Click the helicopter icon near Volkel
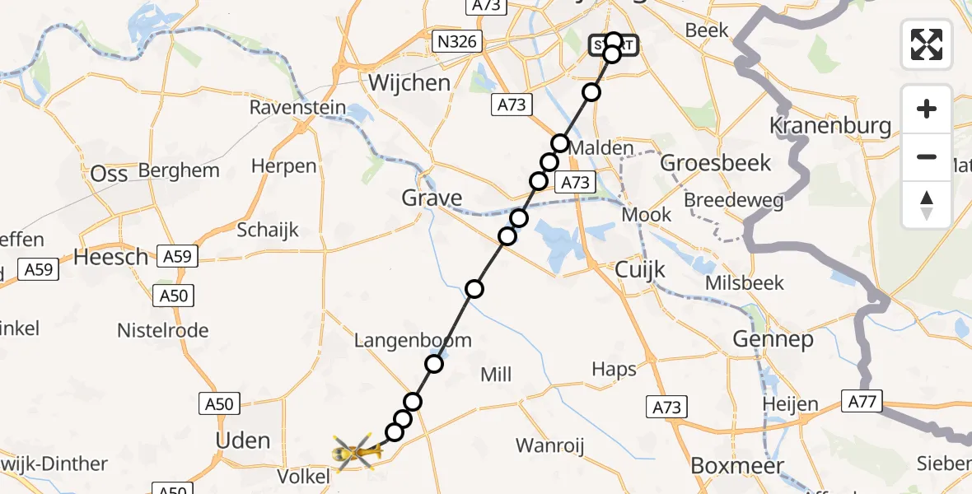click(357, 452)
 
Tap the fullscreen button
click(927, 44)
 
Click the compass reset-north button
click(927, 205)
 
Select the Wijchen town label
click(409, 83)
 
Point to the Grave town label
click(432, 198)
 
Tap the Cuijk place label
click(640, 271)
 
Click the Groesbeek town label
click(716, 162)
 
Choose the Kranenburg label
click(829, 126)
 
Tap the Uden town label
click(242, 440)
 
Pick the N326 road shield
click(459, 41)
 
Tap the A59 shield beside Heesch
click(177, 256)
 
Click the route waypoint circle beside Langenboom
click(434, 364)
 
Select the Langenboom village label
click(413, 340)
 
